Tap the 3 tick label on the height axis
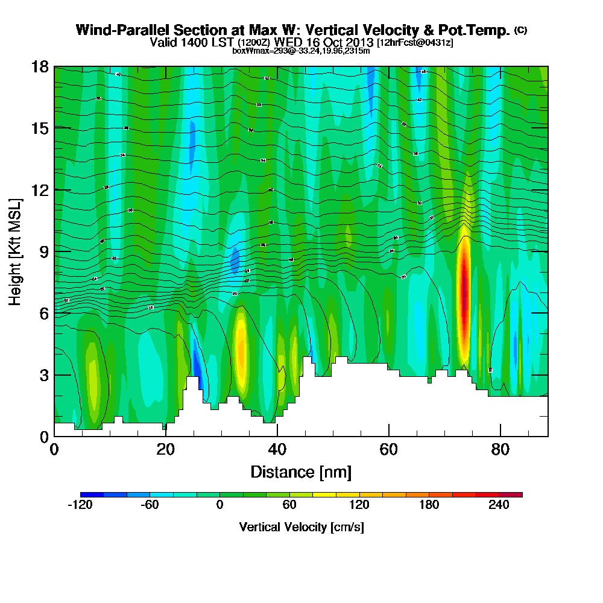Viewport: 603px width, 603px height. (x=44, y=375)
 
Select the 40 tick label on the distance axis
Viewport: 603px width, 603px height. (x=277, y=450)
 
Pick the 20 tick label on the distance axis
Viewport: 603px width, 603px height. (x=165, y=450)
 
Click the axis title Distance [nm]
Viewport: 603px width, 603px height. (x=301, y=471)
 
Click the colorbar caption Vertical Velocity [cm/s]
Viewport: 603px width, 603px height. (x=301, y=527)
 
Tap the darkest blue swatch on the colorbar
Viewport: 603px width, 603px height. (x=92, y=494)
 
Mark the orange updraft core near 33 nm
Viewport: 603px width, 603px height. (x=241, y=353)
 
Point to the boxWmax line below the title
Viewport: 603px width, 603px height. (x=301, y=51)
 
